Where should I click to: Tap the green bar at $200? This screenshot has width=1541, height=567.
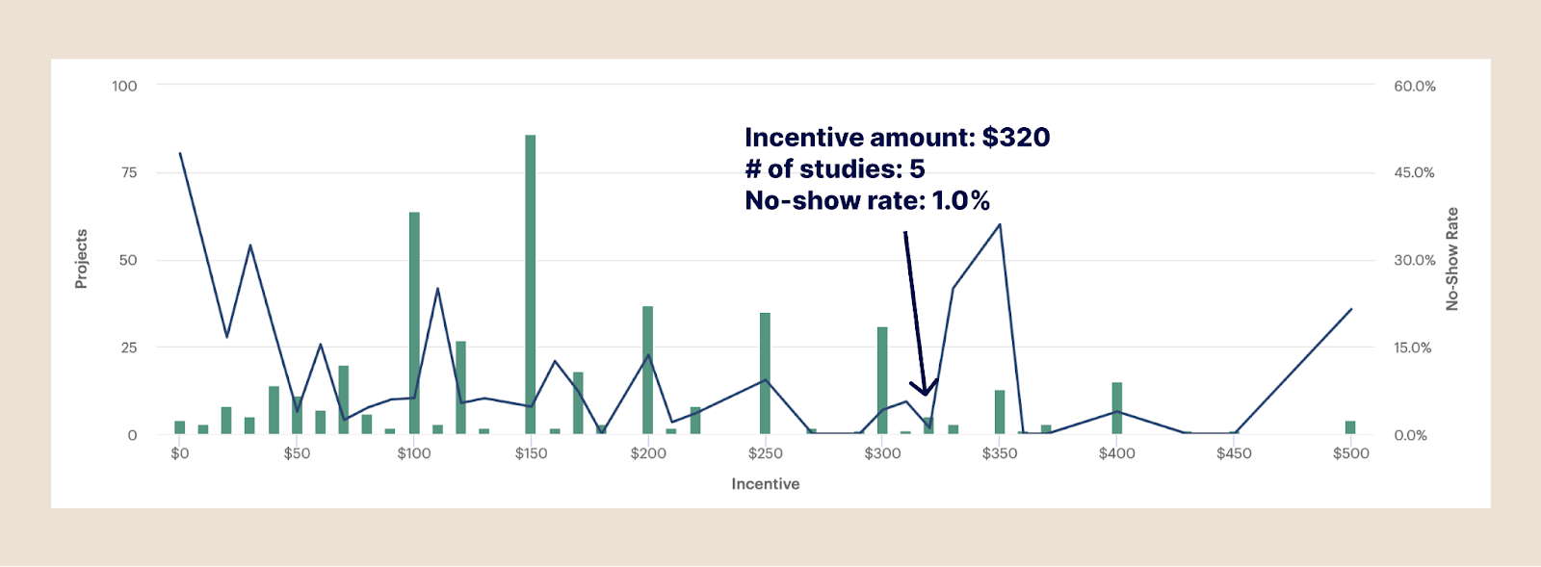coord(648,370)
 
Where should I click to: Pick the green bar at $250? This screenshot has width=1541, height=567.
coord(765,373)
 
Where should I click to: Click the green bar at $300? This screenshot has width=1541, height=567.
coord(882,380)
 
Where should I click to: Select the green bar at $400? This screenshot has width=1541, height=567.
coord(1117,408)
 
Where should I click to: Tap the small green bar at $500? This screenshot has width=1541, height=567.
coord(1350,427)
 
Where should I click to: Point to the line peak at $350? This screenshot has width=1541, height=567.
coord(1000,224)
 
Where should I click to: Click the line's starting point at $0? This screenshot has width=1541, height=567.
coord(180,153)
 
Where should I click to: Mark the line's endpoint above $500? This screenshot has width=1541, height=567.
coord(1351,309)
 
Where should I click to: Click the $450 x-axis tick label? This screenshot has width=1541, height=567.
coord(1234,453)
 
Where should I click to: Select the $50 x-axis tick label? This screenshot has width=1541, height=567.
coord(297,453)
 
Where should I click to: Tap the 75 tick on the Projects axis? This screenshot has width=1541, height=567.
coord(128,172)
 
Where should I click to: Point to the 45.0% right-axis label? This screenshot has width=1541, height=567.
coord(1414,172)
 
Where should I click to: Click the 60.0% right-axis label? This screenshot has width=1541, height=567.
coord(1414,86)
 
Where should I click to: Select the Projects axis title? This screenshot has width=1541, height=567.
coord(82,259)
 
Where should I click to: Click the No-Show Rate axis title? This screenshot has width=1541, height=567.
coord(1452,259)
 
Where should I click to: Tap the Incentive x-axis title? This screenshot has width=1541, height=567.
coord(765,483)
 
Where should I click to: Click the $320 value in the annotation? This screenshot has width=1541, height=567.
coord(1016,138)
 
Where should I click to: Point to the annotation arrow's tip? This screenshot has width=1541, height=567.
coord(926,394)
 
